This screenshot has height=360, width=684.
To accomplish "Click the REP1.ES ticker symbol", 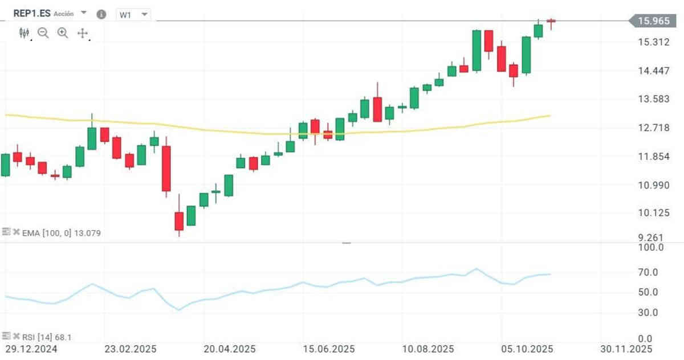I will coord(32,13).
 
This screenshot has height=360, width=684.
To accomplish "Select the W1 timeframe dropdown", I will coord(133,15).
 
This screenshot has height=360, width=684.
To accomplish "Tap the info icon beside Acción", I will coord(101,14).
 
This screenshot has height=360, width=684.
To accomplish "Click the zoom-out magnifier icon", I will coord(43,33).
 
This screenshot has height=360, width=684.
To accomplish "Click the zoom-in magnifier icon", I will coord(63,33).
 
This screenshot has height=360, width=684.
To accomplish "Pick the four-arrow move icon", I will coord(83,33).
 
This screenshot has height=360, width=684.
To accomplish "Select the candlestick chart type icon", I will coord(24,33).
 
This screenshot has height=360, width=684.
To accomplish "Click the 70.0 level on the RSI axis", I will coord(649,273).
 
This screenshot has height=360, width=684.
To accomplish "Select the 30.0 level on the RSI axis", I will coord(649,312).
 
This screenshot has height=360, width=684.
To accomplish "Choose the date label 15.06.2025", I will coord(328,348).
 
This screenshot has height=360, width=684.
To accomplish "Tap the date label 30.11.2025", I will coord(626,348).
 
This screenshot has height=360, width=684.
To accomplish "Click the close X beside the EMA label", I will coord(17,232).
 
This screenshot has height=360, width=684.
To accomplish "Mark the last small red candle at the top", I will coord(551,21).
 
